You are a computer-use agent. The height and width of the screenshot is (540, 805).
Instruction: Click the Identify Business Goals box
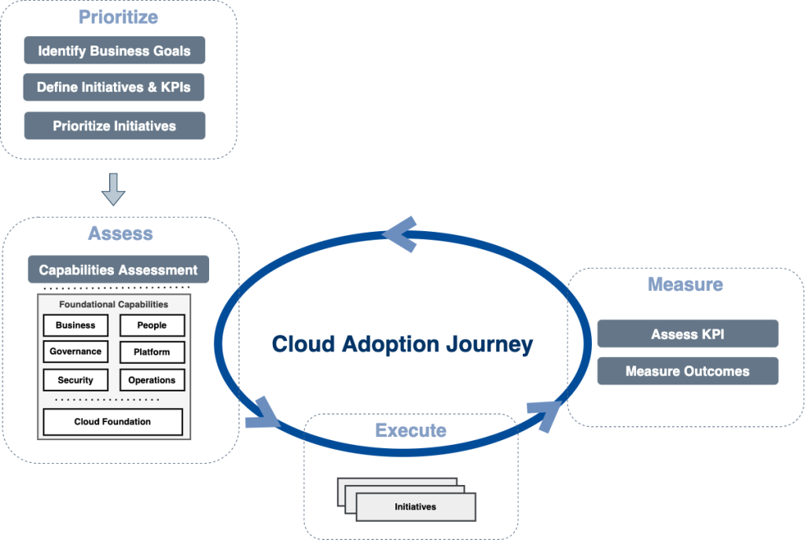click(114, 51)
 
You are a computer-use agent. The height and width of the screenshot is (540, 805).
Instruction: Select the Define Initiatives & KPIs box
click(114, 88)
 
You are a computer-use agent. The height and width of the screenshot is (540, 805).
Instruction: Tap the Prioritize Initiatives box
click(114, 126)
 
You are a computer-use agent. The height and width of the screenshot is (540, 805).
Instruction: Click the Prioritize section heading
click(118, 17)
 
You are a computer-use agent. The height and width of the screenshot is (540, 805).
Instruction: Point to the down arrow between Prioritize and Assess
click(113, 189)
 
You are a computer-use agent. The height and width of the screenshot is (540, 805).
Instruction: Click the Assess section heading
click(120, 233)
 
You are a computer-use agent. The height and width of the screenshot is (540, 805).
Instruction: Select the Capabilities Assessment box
click(119, 270)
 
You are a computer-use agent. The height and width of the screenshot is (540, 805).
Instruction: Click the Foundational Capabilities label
click(114, 304)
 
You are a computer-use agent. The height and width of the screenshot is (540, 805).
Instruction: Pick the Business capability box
click(75, 325)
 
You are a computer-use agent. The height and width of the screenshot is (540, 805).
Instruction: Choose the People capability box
click(152, 325)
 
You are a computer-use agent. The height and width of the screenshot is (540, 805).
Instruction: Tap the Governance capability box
click(75, 352)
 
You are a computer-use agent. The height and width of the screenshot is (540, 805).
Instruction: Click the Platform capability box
click(152, 352)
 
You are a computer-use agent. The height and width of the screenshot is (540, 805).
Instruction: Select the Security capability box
click(75, 380)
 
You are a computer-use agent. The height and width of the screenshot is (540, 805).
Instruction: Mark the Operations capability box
click(152, 380)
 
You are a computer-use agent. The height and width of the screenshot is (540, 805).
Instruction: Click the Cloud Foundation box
click(112, 422)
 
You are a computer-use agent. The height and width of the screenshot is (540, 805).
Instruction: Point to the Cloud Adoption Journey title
click(402, 344)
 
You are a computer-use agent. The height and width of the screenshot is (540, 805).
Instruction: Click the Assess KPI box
click(688, 334)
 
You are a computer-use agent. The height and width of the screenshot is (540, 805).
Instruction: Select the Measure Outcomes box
click(688, 371)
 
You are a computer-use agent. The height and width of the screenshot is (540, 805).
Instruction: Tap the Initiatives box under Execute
click(415, 507)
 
